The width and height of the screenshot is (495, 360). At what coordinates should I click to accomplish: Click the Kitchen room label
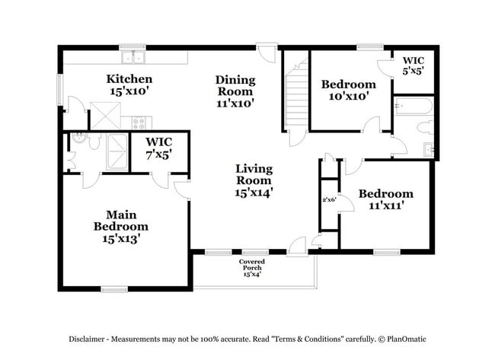click(x=129, y=85)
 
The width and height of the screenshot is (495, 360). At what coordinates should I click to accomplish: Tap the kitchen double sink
click(x=133, y=57)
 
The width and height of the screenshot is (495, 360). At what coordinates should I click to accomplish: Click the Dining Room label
click(x=235, y=91)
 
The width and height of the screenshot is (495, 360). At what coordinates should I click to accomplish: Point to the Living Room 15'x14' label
click(x=254, y=180)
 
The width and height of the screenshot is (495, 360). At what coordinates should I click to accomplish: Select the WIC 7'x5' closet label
click(x=158, y=147)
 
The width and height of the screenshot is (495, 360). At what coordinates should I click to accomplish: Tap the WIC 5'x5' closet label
click(x=413, y=64)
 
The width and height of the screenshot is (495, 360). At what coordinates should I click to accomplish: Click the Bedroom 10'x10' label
click(x=348, y=90)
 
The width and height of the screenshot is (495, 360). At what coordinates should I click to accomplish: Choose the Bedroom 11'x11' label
click(x=385, y=199)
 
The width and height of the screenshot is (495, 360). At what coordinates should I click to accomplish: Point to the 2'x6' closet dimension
click(x=328, y=200)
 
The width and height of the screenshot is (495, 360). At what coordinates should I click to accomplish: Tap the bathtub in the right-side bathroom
click(x=414, y=107)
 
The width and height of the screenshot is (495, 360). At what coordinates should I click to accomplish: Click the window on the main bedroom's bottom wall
click(x=114, y=288)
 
